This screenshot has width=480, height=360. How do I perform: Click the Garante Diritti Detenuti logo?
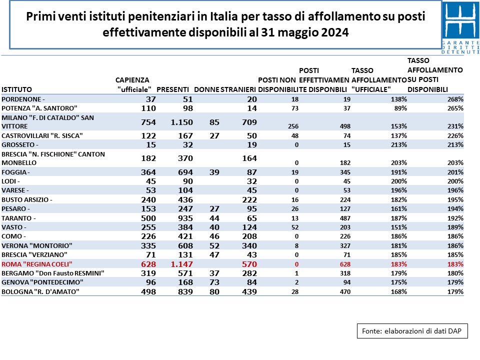point(460,27)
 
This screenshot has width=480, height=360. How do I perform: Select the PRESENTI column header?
point(172,89)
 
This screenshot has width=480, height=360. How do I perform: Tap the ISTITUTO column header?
point(16,89)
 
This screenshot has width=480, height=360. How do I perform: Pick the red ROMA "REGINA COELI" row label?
point(36,264)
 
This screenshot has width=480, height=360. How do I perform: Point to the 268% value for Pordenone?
point(455,99)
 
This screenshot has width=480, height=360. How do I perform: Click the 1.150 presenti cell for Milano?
point(182,122)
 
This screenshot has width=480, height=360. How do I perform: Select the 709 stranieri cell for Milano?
point(249,122)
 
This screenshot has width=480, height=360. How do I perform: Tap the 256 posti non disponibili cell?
point(293,126)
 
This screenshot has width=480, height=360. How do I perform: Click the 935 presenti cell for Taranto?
point(185,218)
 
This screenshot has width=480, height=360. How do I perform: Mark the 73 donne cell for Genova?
point(214,282)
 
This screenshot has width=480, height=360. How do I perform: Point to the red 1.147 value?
point(182,264)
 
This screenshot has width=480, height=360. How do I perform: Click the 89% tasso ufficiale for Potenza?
point(400,108)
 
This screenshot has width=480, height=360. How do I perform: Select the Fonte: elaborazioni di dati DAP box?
point(412,331)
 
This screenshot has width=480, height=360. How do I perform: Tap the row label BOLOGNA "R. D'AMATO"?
point(40,291)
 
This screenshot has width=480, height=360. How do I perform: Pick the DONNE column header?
point(206,89)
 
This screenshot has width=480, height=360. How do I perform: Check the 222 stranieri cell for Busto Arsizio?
point(249,199)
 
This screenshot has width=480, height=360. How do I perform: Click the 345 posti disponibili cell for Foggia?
point(345,172)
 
